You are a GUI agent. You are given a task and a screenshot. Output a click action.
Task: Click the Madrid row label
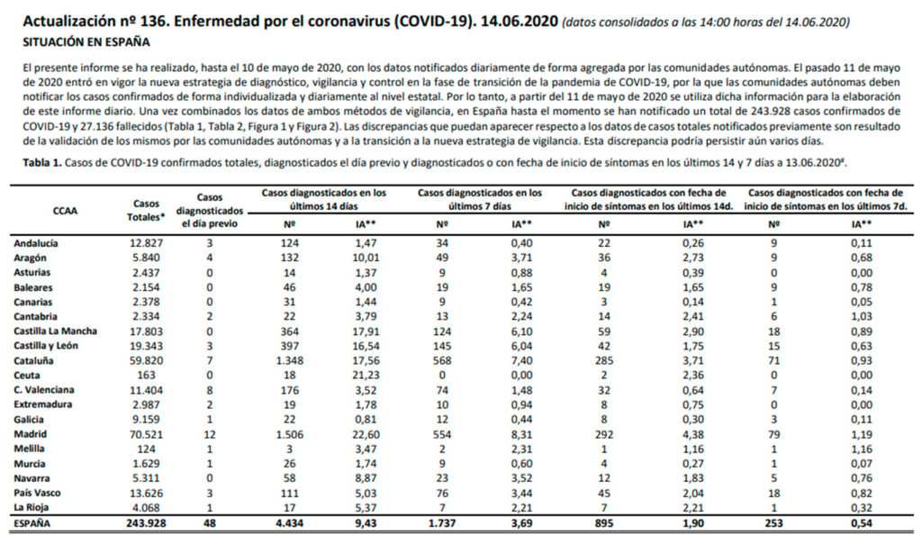(30, 434)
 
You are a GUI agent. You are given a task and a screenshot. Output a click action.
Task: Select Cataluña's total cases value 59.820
(147, 361)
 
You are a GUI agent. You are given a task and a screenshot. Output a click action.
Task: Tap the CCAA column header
(65, 211)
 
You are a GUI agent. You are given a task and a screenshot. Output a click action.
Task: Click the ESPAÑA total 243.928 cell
(147, 523)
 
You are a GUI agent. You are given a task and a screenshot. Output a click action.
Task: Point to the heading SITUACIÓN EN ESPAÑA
(86, 42)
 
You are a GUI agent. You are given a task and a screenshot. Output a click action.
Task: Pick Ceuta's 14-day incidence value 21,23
(366, 376)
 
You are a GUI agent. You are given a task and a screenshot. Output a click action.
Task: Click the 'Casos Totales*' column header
(147, 211)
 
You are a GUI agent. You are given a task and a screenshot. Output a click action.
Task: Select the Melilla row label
(30, 449)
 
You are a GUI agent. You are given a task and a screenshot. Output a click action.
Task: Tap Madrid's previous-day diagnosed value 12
(210, 434)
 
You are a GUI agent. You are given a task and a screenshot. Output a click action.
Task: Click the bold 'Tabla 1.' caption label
(42, 163)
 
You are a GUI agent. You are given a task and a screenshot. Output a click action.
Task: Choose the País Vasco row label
(37, 494)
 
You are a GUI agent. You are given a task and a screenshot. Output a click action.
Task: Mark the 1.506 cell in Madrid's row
(290, 434)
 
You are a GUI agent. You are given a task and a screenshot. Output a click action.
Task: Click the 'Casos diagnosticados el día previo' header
(210, 211)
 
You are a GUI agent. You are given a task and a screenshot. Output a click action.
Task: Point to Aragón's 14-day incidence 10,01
(366, 258)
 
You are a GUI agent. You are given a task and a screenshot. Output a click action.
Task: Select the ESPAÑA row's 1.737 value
(442, 523)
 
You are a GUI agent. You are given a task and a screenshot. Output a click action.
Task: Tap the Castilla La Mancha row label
(55, 331)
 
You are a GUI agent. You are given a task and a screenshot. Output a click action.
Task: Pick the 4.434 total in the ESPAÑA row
(290, 523)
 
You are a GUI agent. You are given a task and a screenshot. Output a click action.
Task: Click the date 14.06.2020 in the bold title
(520, 22)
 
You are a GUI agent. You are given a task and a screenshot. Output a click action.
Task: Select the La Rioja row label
(32, 508)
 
